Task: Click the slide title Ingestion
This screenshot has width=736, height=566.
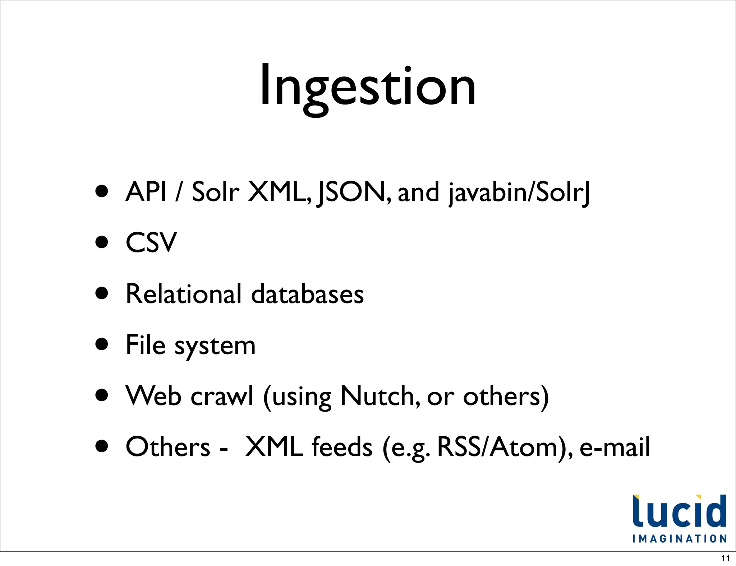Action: click(x=368, y=86)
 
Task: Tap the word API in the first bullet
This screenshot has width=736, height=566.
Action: click(x=146, y=192)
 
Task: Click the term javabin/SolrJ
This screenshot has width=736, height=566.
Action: click(x=519, y=192)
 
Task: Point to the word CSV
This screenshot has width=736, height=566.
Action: click(x=151, y=243)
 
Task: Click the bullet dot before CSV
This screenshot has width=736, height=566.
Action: click(x=102, y=242)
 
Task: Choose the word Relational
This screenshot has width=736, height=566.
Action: click(x=184, y=294)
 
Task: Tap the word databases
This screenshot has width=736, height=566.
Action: click(x=307, y=294)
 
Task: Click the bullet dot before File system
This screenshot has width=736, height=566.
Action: click(x=102, y=344)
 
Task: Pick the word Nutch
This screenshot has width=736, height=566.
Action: click(x=379, y=396)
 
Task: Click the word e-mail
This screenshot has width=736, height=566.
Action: click(x=615, y=447)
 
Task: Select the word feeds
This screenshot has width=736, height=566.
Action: click(x=342, y=447)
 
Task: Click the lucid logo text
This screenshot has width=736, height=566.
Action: click(x=679, y=511)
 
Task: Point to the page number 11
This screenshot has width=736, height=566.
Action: click(x=725, y=558)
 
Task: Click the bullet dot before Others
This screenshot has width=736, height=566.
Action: click(x=102, y=446)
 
